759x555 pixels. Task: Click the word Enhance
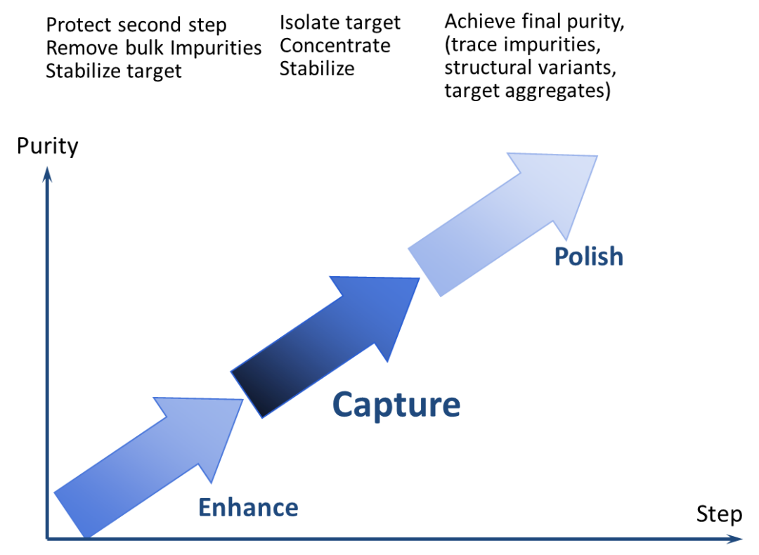coord(248,507)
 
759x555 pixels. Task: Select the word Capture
coord(396,405)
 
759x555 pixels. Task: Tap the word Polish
coord(588,256)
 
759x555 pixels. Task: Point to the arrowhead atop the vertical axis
coord(47,174)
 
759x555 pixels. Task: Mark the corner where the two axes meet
coord(47,539)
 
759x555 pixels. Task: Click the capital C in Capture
coord(342,405)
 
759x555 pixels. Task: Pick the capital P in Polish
coord(561,256)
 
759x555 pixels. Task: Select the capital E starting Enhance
coord(205,507)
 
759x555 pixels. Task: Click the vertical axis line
coord(47,351)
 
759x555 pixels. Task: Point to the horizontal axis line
coord(394,539)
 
